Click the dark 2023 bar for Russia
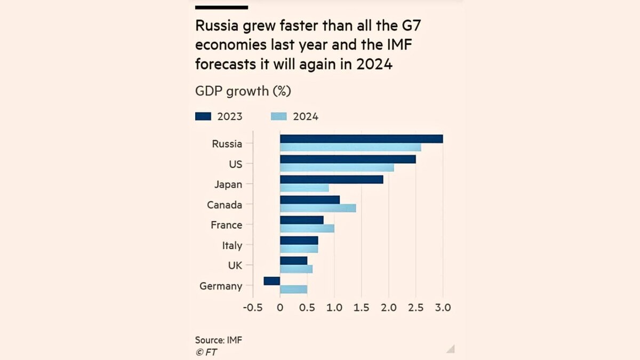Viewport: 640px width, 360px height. pos(361,139)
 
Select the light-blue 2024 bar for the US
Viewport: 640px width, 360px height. pos(337,168)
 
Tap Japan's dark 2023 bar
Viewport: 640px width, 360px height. pos(331,179)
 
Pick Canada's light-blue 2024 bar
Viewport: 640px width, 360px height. pos(318,209)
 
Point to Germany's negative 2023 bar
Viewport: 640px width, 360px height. pos(272,281)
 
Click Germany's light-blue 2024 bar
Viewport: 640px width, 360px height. pos(293,290)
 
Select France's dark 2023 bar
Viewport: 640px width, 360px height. pos(301,220)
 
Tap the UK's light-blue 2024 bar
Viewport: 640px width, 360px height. pos(296,269)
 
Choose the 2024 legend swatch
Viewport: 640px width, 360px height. pos(279,117)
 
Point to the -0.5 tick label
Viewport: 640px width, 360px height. pos(253,308)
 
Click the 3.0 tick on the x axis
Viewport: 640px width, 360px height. pos(443,308)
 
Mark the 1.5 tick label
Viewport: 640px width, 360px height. pos(361,308)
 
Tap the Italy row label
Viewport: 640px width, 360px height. pos(232,246)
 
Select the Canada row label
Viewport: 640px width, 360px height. pos(225,205)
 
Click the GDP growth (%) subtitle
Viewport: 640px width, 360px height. pos(243,91)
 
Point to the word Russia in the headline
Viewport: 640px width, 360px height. pos(213,26)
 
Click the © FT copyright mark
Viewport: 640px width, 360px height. pos(206,353)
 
